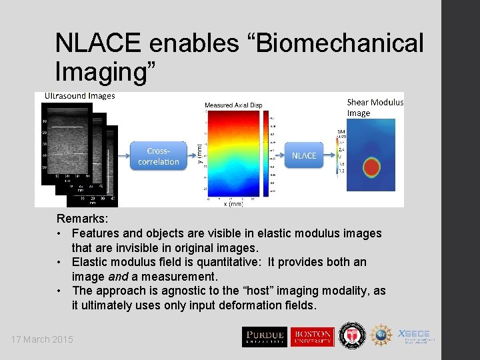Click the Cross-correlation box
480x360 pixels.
(159, 156)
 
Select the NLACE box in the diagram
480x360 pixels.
(304, 155)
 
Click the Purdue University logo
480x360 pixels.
(265, 336)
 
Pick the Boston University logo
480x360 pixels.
(311, 336)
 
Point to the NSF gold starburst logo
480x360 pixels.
(382, 336)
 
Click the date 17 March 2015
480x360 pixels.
(42, 339)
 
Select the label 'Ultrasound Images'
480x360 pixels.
(79, 96)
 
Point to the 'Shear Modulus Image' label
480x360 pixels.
(375, 107)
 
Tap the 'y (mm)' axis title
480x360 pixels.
(199, 155)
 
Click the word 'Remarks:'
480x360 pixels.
(81, 219)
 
